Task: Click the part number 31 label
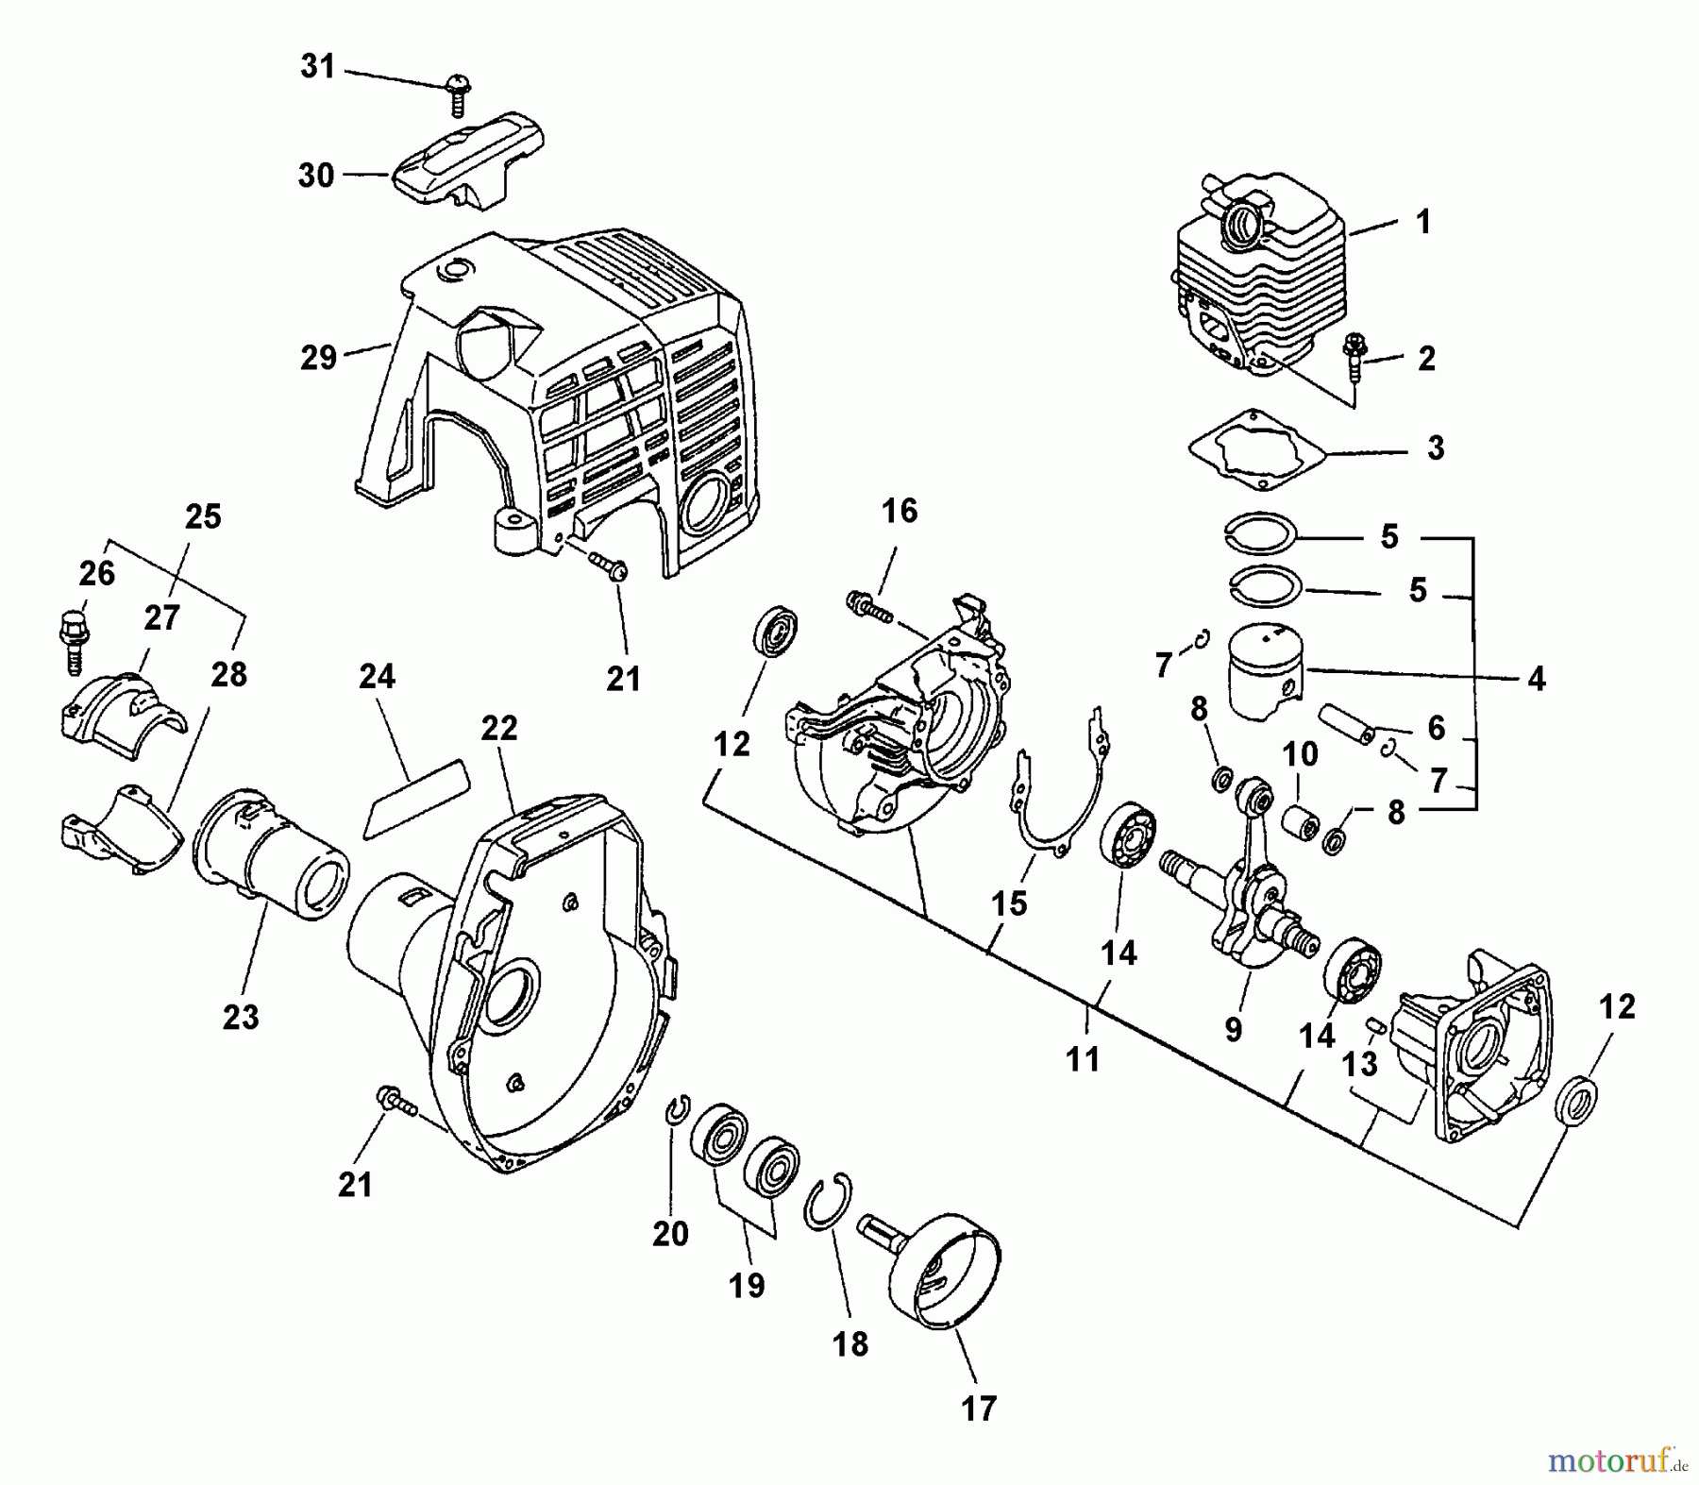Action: pyautogui.click(x=318, y=67)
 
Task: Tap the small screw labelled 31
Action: pyautogui.click(x=457, y=93)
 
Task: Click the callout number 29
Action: pyautogui.click(x=318, y=358)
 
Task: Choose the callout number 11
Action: pyautogui.click(x=1083, y=1059)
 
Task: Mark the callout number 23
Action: pyautogui.click(x=240, y=1017)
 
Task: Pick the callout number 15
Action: pyautogui.click(x=1007, y=903)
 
